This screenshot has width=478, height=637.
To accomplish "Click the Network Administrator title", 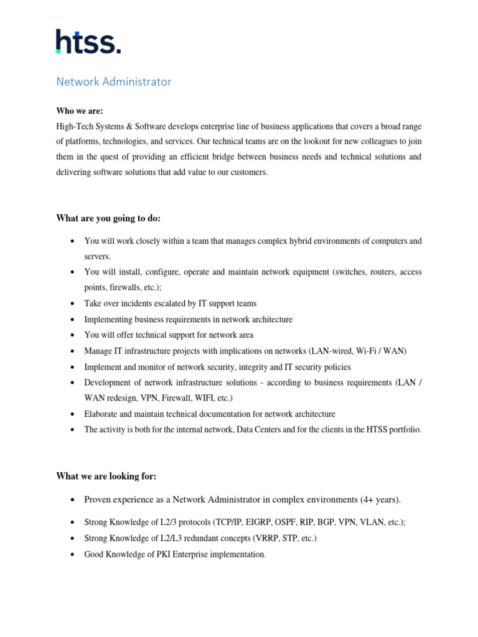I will click(x=114, y=81).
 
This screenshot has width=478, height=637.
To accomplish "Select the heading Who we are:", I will click(x=79, y=111).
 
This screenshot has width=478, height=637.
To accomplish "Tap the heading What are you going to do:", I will click(x=108, y=218).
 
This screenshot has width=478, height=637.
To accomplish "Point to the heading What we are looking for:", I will click(x=106, y=476).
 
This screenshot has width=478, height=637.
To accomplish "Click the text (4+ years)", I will click(x=381, y=500).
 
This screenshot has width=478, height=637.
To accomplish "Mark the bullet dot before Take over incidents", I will click(x=73, y=304).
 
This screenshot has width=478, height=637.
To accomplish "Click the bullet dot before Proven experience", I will click(x=73, y=500).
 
